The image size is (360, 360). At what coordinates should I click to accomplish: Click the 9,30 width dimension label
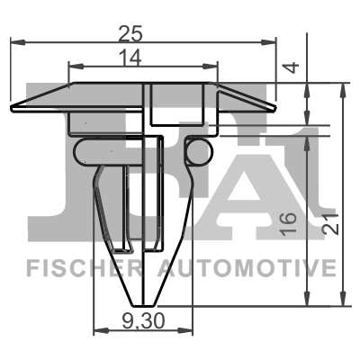point(144,319)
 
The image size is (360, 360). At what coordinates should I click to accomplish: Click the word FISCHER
point(76,268)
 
